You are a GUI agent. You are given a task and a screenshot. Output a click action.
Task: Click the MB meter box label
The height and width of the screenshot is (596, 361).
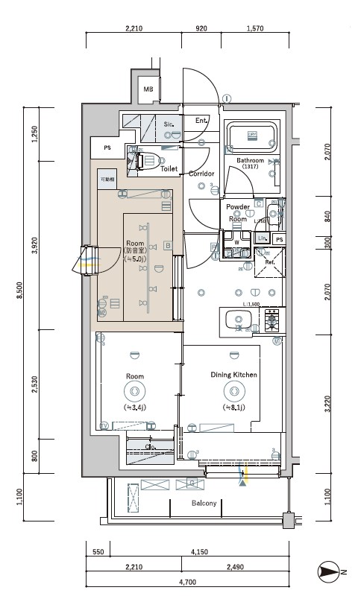(148, 90)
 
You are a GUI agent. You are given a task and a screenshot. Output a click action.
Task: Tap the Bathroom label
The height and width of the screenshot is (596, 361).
(250, 160)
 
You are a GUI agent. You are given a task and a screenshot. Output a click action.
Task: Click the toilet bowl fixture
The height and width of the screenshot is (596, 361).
(148, 159)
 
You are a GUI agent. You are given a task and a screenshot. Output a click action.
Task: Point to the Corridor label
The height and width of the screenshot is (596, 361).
(202, 174)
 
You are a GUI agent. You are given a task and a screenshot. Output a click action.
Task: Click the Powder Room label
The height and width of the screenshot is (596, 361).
(238, 213)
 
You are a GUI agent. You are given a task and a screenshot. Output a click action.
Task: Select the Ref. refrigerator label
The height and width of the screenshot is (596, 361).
(270, 261)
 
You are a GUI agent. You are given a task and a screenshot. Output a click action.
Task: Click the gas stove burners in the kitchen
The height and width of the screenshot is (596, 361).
(269, 320)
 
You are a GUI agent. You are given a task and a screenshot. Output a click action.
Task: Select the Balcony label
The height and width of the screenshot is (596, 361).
(203, 504)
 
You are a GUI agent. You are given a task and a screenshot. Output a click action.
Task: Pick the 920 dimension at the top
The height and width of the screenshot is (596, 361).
(201, 29)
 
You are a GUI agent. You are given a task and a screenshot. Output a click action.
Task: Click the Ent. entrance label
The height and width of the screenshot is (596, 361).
(201, 121)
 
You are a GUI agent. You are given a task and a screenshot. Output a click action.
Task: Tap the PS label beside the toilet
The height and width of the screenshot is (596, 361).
(108, 148)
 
